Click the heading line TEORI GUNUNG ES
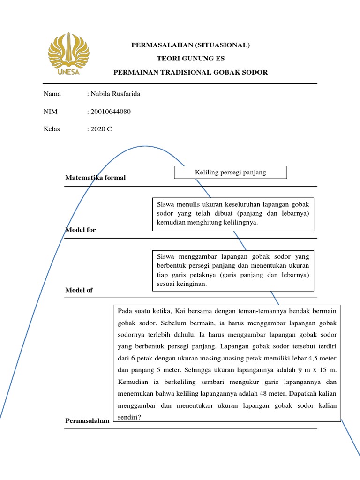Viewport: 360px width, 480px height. (x=190, y=59)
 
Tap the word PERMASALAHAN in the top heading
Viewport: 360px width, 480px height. (x=158, y=45)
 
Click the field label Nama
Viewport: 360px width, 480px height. (x=52, y=94)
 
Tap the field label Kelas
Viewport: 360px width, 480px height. (x=52, y=129)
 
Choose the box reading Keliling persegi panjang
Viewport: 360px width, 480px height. (x=230, y=172)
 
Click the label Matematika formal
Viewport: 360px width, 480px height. (x=96, y=178)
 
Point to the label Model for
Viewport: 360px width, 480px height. (x=80, y=230)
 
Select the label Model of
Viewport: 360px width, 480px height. (x=79, y=290)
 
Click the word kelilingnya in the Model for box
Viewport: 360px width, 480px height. (x=240, y=223)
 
